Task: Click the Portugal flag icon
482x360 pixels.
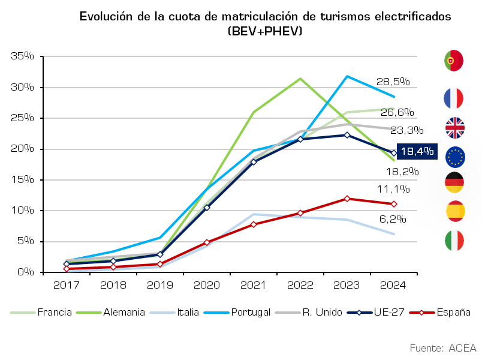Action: pyautogui.click(x=454, y=61)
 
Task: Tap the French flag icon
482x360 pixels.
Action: pyautogui.click(x=454, y=98)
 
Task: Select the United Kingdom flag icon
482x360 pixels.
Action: pyautogui.click(x=455, y=128)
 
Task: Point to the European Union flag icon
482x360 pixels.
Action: pyautogui.click(x=455, y=157)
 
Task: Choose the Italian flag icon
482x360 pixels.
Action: pyautogui.click(x=454, y=241)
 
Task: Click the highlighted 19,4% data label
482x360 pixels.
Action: pyautogui.click(x=417, y=151)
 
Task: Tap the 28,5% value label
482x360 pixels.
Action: pyautogui.click(x=393, y=82)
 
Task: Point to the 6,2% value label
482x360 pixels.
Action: pyautogui.click(x=393, y=219)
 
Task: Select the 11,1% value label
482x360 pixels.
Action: pyautogui.click(x=393, y=189)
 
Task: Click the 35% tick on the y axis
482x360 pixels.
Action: pyautogui.click(x=22, y=56)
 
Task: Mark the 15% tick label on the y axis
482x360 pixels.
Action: pyautogui.click(x=22, y=179)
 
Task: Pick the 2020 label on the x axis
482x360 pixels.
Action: pyautogui.click(x=207, y=285)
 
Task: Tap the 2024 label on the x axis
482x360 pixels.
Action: pyautogui.click(x=393, y=285)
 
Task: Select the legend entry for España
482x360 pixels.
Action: pyautogui.click(x=440, y=313)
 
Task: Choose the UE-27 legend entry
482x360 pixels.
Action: pyautogui.click(x=376, y=313)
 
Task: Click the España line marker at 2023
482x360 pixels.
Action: pyautogui.click(x=347, y=199)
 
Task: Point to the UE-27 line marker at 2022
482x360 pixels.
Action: pyautogui.click(x=300, y=139)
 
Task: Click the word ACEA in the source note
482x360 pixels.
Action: pyautogui.click(x=462, y=349)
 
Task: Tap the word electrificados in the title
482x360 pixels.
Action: pyautogui.click(x=413, y=16)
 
